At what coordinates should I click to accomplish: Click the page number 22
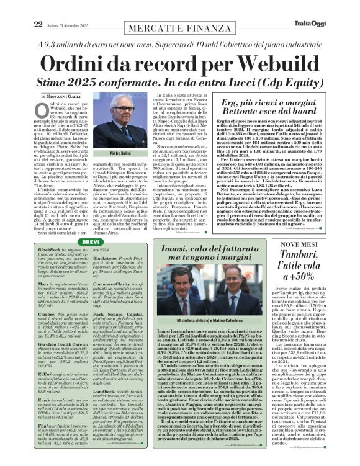21,7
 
